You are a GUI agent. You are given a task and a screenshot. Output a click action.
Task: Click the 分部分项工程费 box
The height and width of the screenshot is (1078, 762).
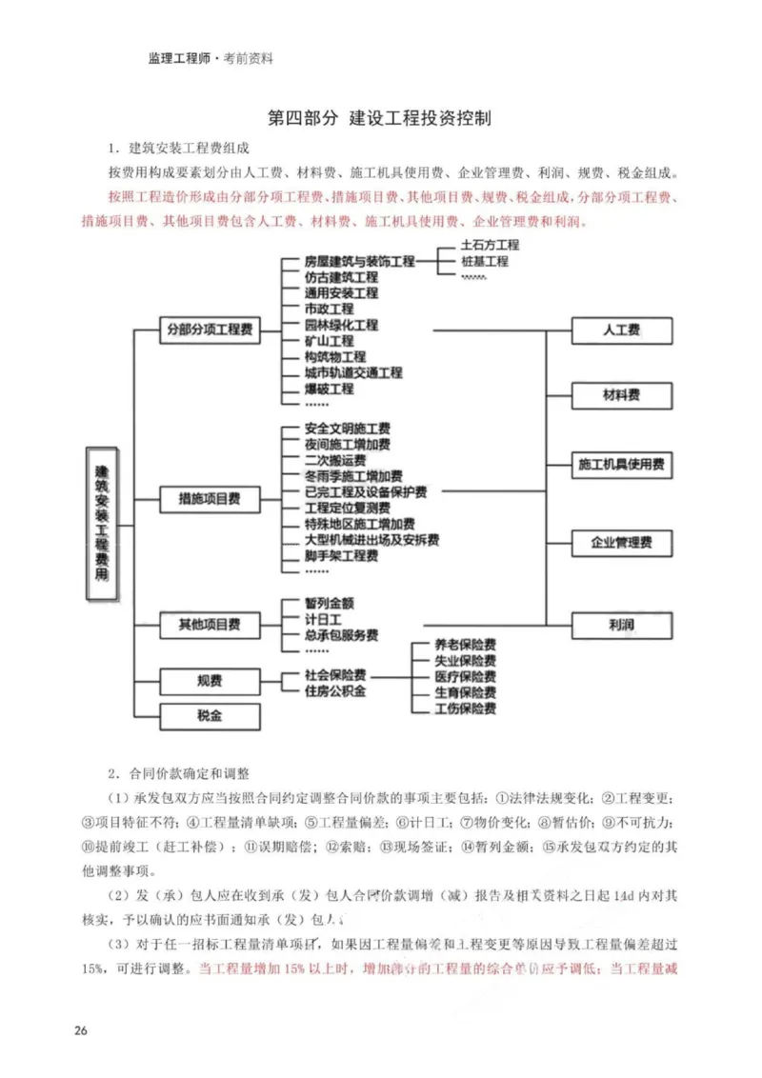click(x=209, y=330)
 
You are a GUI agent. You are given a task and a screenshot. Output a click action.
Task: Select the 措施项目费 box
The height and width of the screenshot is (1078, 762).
click(x=209, y=497)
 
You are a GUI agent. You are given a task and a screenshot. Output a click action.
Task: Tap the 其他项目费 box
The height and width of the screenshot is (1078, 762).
click(x=209, y=625)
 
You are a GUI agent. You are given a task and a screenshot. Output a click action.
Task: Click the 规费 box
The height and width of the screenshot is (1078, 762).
click(x=209, y=681)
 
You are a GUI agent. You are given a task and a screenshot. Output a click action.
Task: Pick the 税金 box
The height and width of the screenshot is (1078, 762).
click(x=209, y=717)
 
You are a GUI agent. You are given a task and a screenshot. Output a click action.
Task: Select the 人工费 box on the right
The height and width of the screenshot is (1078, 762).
click(x=621, y=330)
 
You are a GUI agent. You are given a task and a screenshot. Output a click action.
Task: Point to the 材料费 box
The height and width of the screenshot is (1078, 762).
click(x=621, y=393)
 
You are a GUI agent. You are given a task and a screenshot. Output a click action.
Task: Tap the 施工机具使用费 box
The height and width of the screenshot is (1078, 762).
click(x=621, y=466)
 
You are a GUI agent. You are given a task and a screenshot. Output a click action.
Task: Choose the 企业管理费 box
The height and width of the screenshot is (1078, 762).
click(x=621, y=543)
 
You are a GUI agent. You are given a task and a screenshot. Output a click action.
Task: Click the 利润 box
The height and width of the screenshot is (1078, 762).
click(x=621, y=625)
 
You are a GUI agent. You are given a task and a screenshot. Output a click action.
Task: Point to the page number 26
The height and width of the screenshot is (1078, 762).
click(x=80, y=1031)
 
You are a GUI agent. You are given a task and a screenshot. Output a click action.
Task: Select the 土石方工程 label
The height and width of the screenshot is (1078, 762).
click(x=490, y=245)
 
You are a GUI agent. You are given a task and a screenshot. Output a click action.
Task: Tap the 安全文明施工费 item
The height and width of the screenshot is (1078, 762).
click(x=347, y=429)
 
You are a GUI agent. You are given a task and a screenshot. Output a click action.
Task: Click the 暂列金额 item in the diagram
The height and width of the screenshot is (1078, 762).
click(x=330, y=604)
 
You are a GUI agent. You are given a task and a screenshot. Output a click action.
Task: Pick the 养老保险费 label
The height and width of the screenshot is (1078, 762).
click(x=465, y=645)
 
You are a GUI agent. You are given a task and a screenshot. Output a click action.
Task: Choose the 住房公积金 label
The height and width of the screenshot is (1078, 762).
click(x=335, y=691)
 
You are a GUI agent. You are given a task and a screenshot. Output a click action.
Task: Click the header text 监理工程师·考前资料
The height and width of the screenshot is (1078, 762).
click(x=211, y=58)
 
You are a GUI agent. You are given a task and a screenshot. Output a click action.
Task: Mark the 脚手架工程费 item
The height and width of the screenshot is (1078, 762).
click(x=341, y=555)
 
